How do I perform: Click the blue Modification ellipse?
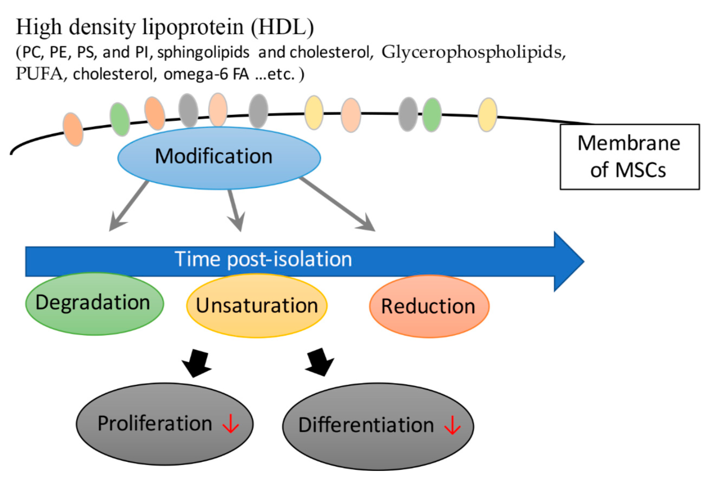[219, 158]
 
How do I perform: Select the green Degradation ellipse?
[95, 303]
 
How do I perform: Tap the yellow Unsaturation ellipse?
[257, 306]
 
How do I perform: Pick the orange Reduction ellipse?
[429, 306]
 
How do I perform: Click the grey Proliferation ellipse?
[165, 424]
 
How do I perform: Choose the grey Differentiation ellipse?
[378, 427]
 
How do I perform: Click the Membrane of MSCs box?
[630, 157]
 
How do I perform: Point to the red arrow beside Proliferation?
[231, 424]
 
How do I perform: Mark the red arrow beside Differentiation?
[453, 425]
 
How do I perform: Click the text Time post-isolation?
[263, 259]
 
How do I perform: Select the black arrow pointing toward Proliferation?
[196, 363]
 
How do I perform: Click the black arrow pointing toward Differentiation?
[320, 362]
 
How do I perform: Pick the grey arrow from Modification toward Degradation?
[128, 206]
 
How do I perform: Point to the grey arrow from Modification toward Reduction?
[337, 204]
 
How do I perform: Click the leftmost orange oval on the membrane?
[73, 129]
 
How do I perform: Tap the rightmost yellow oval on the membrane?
[487, 115]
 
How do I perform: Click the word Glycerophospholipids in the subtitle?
[474, 53]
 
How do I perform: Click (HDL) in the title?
[282, 28]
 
